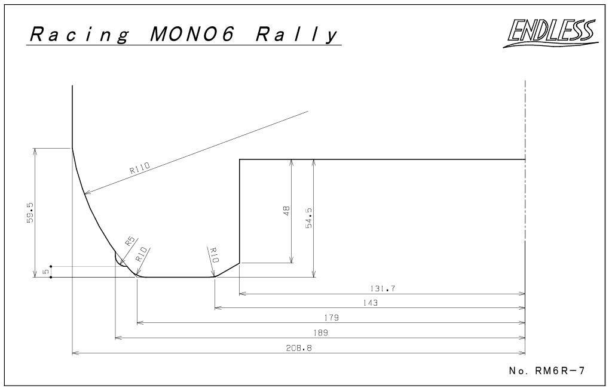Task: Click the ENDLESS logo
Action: pos(551,32)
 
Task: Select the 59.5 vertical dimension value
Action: pos(30,213)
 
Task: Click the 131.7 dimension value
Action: pos(382,289)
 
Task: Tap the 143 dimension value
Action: pos(370,303)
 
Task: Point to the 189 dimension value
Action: pos(320,332)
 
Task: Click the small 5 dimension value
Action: pos(46,272)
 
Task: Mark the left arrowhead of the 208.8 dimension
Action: pos(75,353)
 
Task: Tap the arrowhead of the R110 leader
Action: pos(87,193)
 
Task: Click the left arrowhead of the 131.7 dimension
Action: pos(243,294)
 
